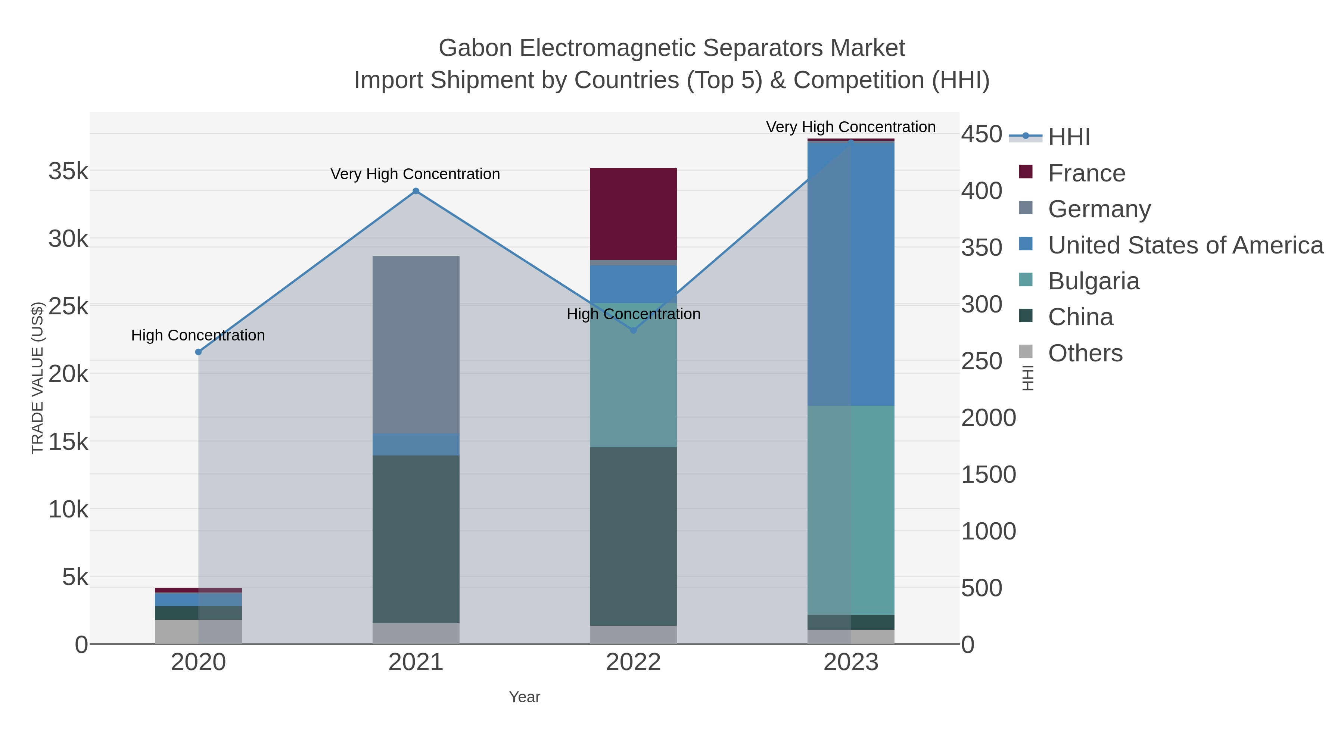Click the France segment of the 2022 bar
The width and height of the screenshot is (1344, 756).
[633, 214]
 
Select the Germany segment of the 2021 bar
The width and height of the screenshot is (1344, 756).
[416, 344]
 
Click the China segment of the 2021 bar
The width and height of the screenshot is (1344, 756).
[416, 539]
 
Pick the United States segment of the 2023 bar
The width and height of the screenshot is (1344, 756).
[851, 274]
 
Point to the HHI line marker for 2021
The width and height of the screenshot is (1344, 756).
[416, 191]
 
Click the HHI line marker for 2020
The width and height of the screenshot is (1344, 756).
[198, 352]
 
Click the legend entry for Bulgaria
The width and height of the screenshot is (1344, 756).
[1093, 281]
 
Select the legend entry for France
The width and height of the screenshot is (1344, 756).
[1086, 173]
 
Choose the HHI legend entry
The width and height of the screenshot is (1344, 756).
[1068, 137]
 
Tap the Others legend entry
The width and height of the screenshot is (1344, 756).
[1085, 353]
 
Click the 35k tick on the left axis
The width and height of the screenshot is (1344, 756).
[68, 171]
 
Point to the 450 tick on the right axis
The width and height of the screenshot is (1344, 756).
[981, 134]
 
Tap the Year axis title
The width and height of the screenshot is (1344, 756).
[525, 697]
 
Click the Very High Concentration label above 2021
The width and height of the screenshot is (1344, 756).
[415, 174]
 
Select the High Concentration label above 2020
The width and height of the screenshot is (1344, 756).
[198, 335]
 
